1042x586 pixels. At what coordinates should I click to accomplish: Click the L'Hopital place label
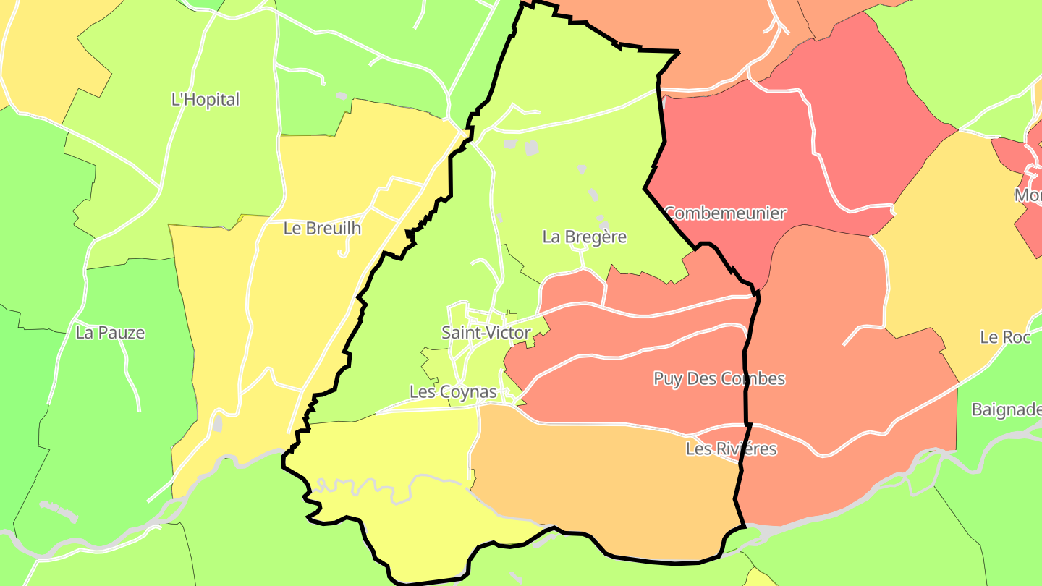pyautogui.click(x=205, y=100)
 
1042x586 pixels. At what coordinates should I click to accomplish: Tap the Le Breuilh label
pyautogui.click(x=322, y=229)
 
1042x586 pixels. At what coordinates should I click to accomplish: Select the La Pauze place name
pyautogui.click(x=110, y=333)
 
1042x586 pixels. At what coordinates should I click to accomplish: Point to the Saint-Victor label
pyautogui.click(x=486, y=334)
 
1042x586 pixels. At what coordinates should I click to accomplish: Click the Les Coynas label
pyautogui.click(x=453, y=392)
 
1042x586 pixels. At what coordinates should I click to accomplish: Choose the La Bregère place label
pyautogui.click(x=585, y=237)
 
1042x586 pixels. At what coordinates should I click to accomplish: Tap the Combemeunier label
pyautogui.click(x=725, y=213)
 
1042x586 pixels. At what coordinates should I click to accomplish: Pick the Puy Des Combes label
pyautogui.click(x=719, y=379)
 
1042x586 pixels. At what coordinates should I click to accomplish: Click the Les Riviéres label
pyautogui.click(x=731, y=449)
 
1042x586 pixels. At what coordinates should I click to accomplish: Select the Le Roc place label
pyautogui.click(x=1005, y=337)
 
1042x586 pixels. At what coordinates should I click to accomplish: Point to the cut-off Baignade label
pyautogui.click(x=1006, y=410)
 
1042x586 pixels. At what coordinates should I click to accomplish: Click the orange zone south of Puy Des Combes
pyautogui.click(x=608, y=485)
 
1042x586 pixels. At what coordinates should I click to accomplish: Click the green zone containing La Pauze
pyautogui.click(x=109, y=405)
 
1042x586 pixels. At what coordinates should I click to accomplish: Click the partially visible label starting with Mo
pyautogui.click(x=1028, y=196)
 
